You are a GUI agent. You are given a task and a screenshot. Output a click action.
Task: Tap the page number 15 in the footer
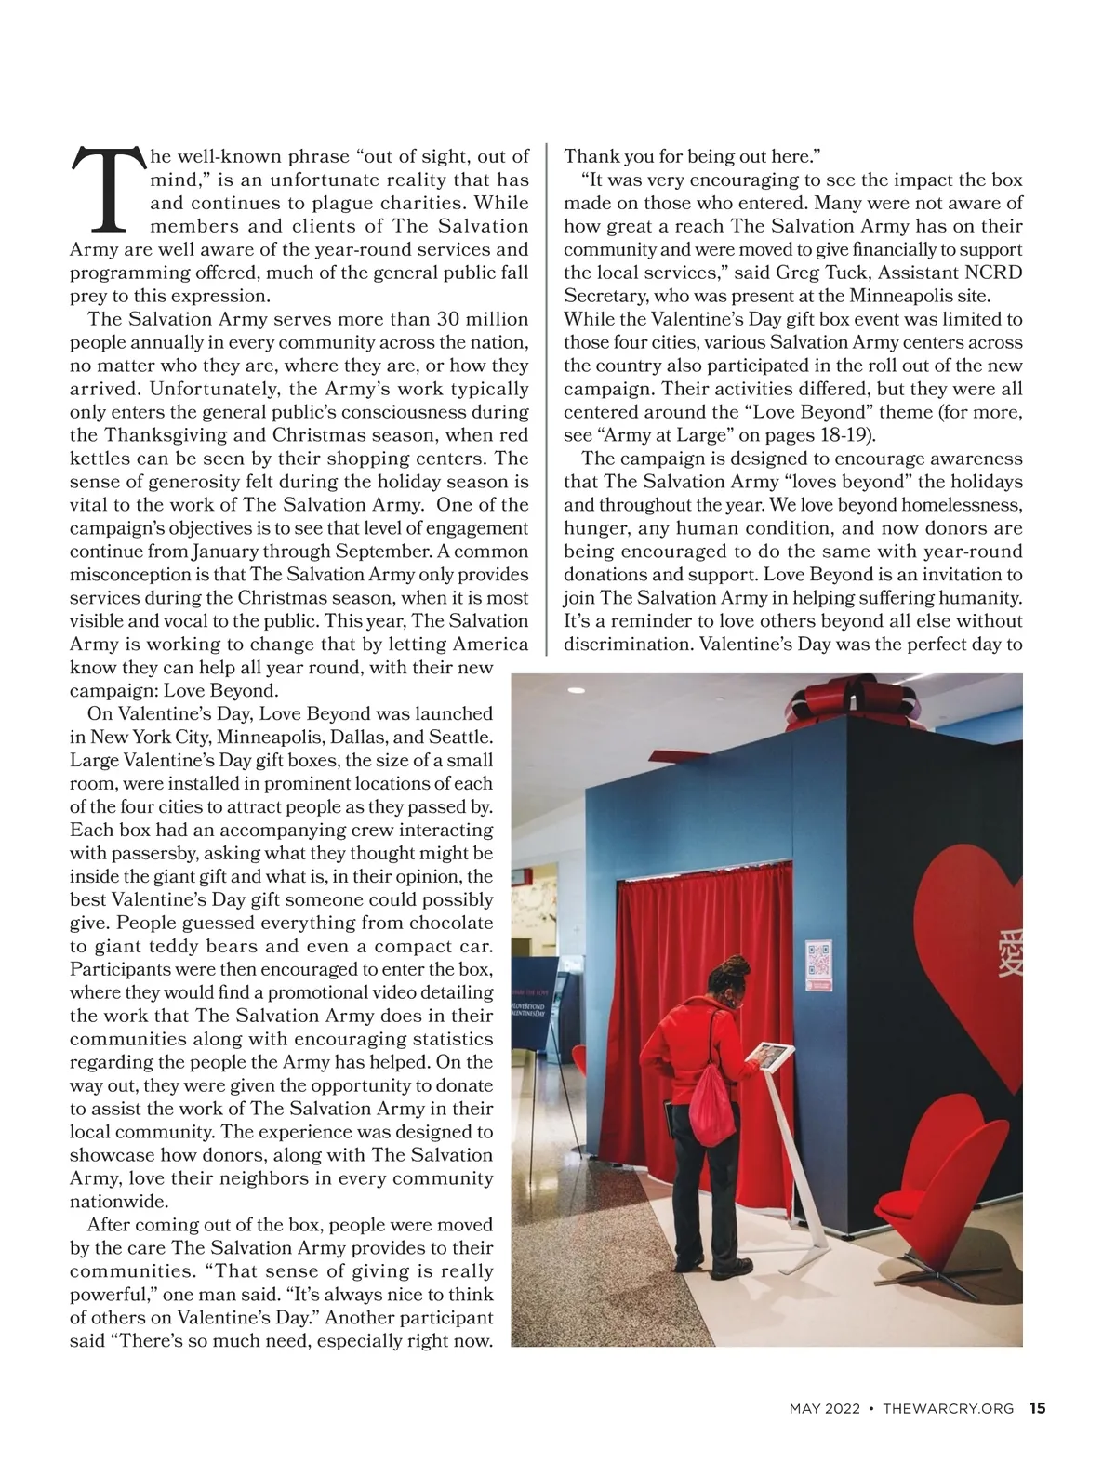1037,1408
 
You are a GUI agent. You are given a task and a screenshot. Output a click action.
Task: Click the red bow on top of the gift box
845,706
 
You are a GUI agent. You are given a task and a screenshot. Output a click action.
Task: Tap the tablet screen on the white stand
769,1054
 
